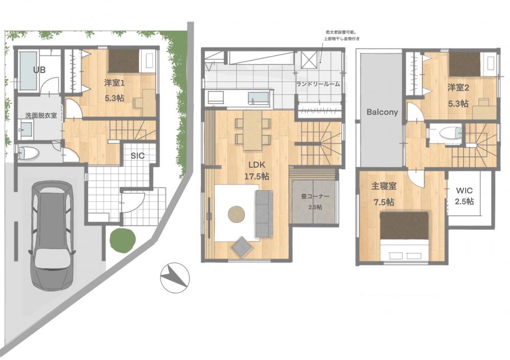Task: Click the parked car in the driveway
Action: click(x=53, y=236)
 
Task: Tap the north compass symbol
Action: click(x=174, y=277)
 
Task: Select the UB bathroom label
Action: click(x=39, y=69)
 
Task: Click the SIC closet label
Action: click(x=138, y=156)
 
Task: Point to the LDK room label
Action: click(x=257, y=165)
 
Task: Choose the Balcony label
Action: click(x=382, y=112)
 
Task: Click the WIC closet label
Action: click(x=464, y=190)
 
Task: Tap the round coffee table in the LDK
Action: click(x=237, y=215)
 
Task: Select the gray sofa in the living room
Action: click(x=264, y=214)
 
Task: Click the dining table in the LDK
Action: click(x=252, y=131)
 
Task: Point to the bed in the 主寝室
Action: click(x=404, y=236)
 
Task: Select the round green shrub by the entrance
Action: click(x=122, y=240)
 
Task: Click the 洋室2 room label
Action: click(x=458, y=88)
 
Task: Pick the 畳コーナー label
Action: click(x=315, y=196)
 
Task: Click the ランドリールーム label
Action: click(x=318, y=84)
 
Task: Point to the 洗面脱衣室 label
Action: click(x=41, y=115)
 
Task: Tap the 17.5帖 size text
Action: click(x=257, y=176)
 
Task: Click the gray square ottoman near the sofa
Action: click(x=242, y=246)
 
